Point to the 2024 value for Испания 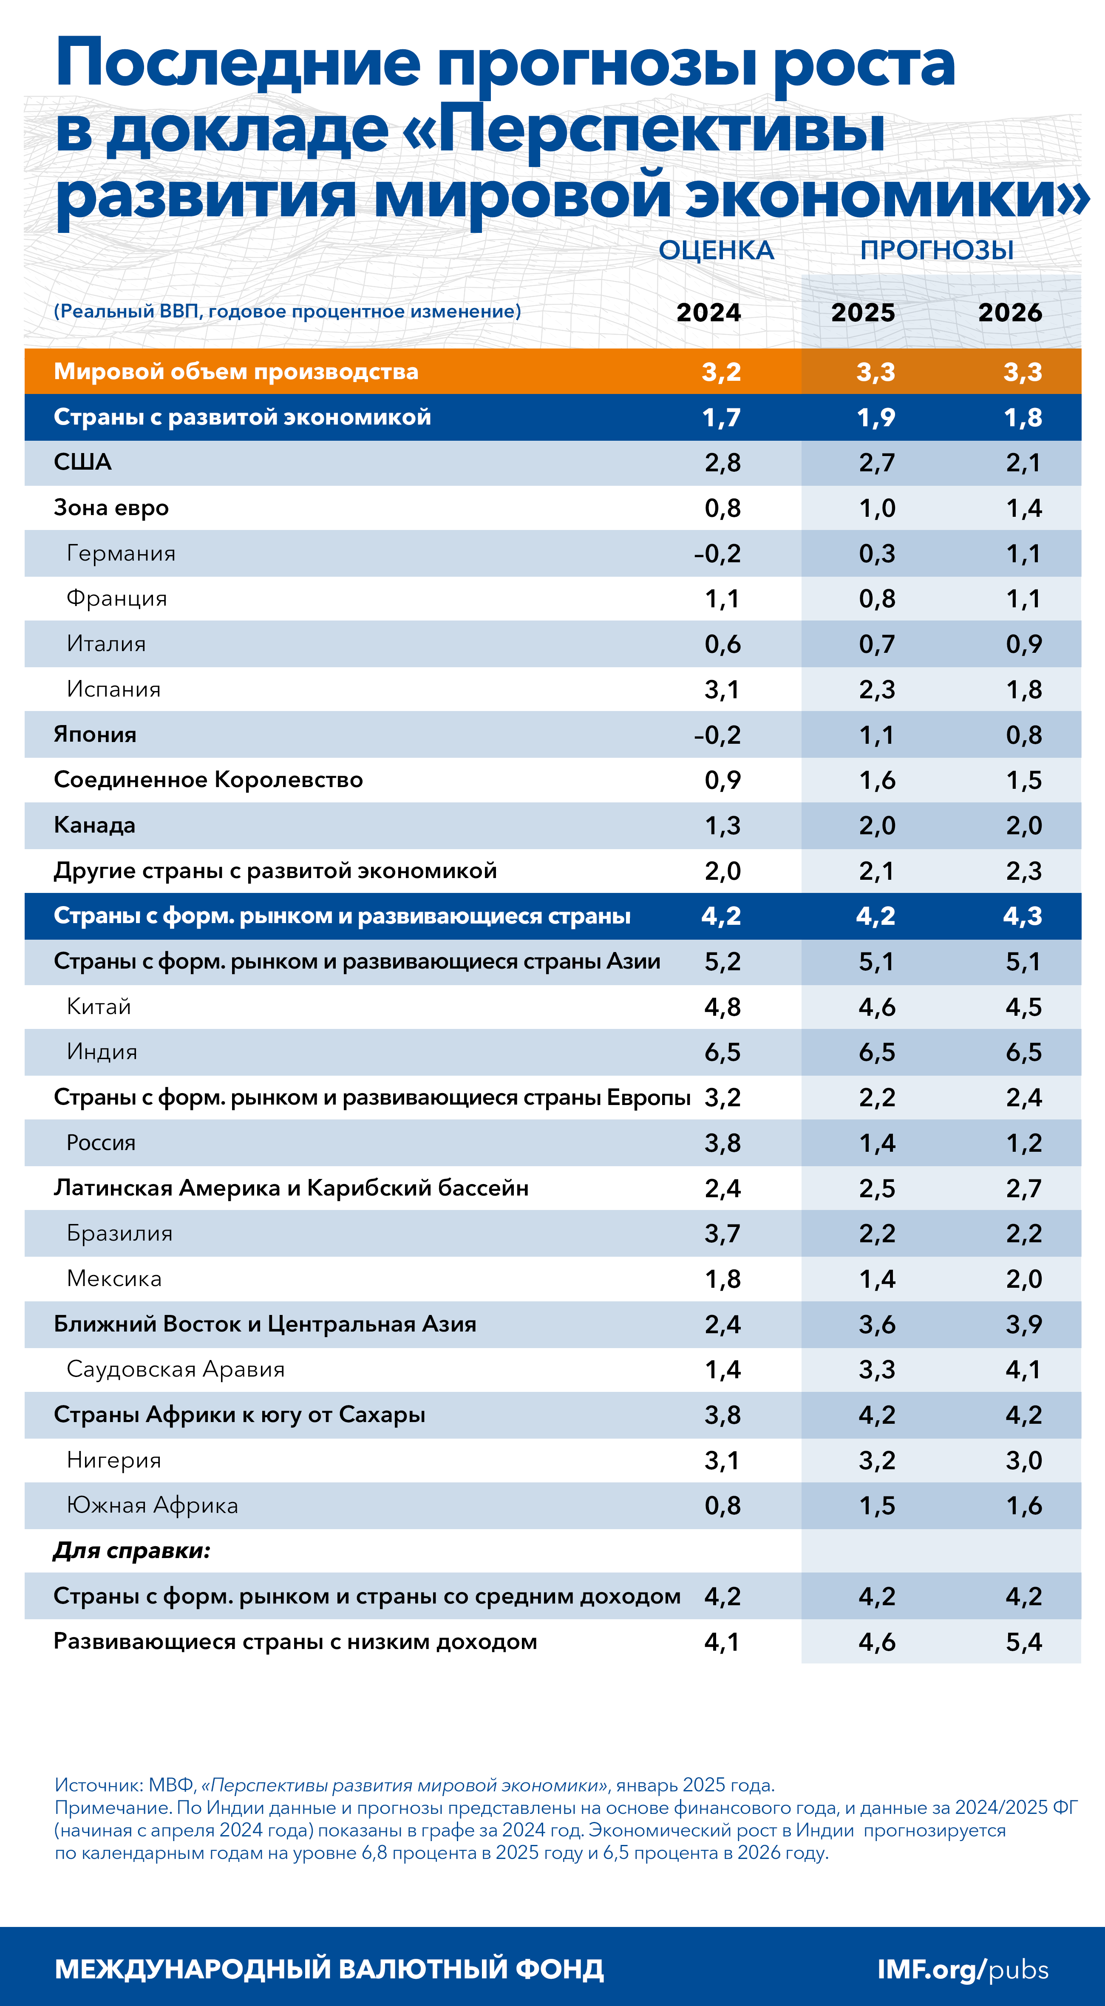coord(722,689)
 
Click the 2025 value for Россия coord(877,1143)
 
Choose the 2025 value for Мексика coord(877,1279)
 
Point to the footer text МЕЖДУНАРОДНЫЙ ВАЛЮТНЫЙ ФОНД coord(329,1969)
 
